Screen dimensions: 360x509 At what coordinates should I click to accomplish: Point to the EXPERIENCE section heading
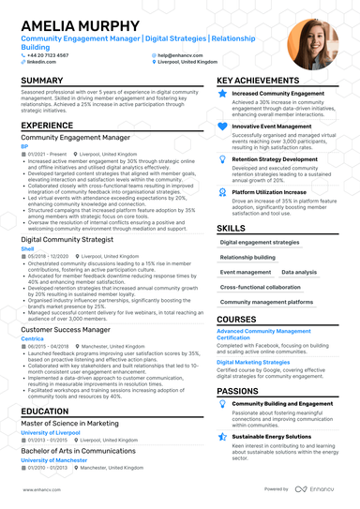click(x=47, y=124)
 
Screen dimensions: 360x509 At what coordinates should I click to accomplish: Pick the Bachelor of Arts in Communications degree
click(x=78, y=452)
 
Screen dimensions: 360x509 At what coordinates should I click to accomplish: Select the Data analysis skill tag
click(x=298, y=272)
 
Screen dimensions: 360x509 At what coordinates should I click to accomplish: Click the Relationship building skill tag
click(x=248, y=256)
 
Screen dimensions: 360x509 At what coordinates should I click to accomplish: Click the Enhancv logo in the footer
click(x=321, y=489)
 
